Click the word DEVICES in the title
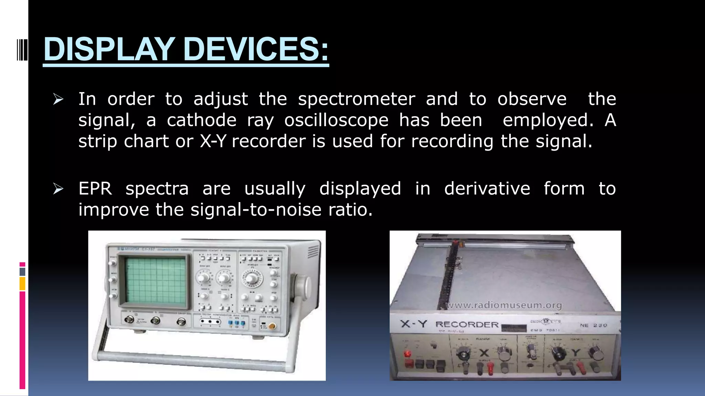[x=256, y=49]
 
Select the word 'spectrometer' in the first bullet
[x=357, y=99]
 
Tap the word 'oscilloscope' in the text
[x=336, y=120]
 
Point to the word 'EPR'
[x=95, y=189]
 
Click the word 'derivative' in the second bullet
[x=487, y=189]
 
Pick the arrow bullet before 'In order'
[x=58, y=100]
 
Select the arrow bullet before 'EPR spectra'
[x=58, y=189]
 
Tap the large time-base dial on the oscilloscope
[x=252, y=277]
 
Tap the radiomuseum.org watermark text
[x=504, y=305]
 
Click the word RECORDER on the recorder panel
[x=467, y=324]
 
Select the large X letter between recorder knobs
[x=484, y=352]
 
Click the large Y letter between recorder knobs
[x=576, y=353]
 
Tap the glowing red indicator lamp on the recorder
[x=408, y=354]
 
